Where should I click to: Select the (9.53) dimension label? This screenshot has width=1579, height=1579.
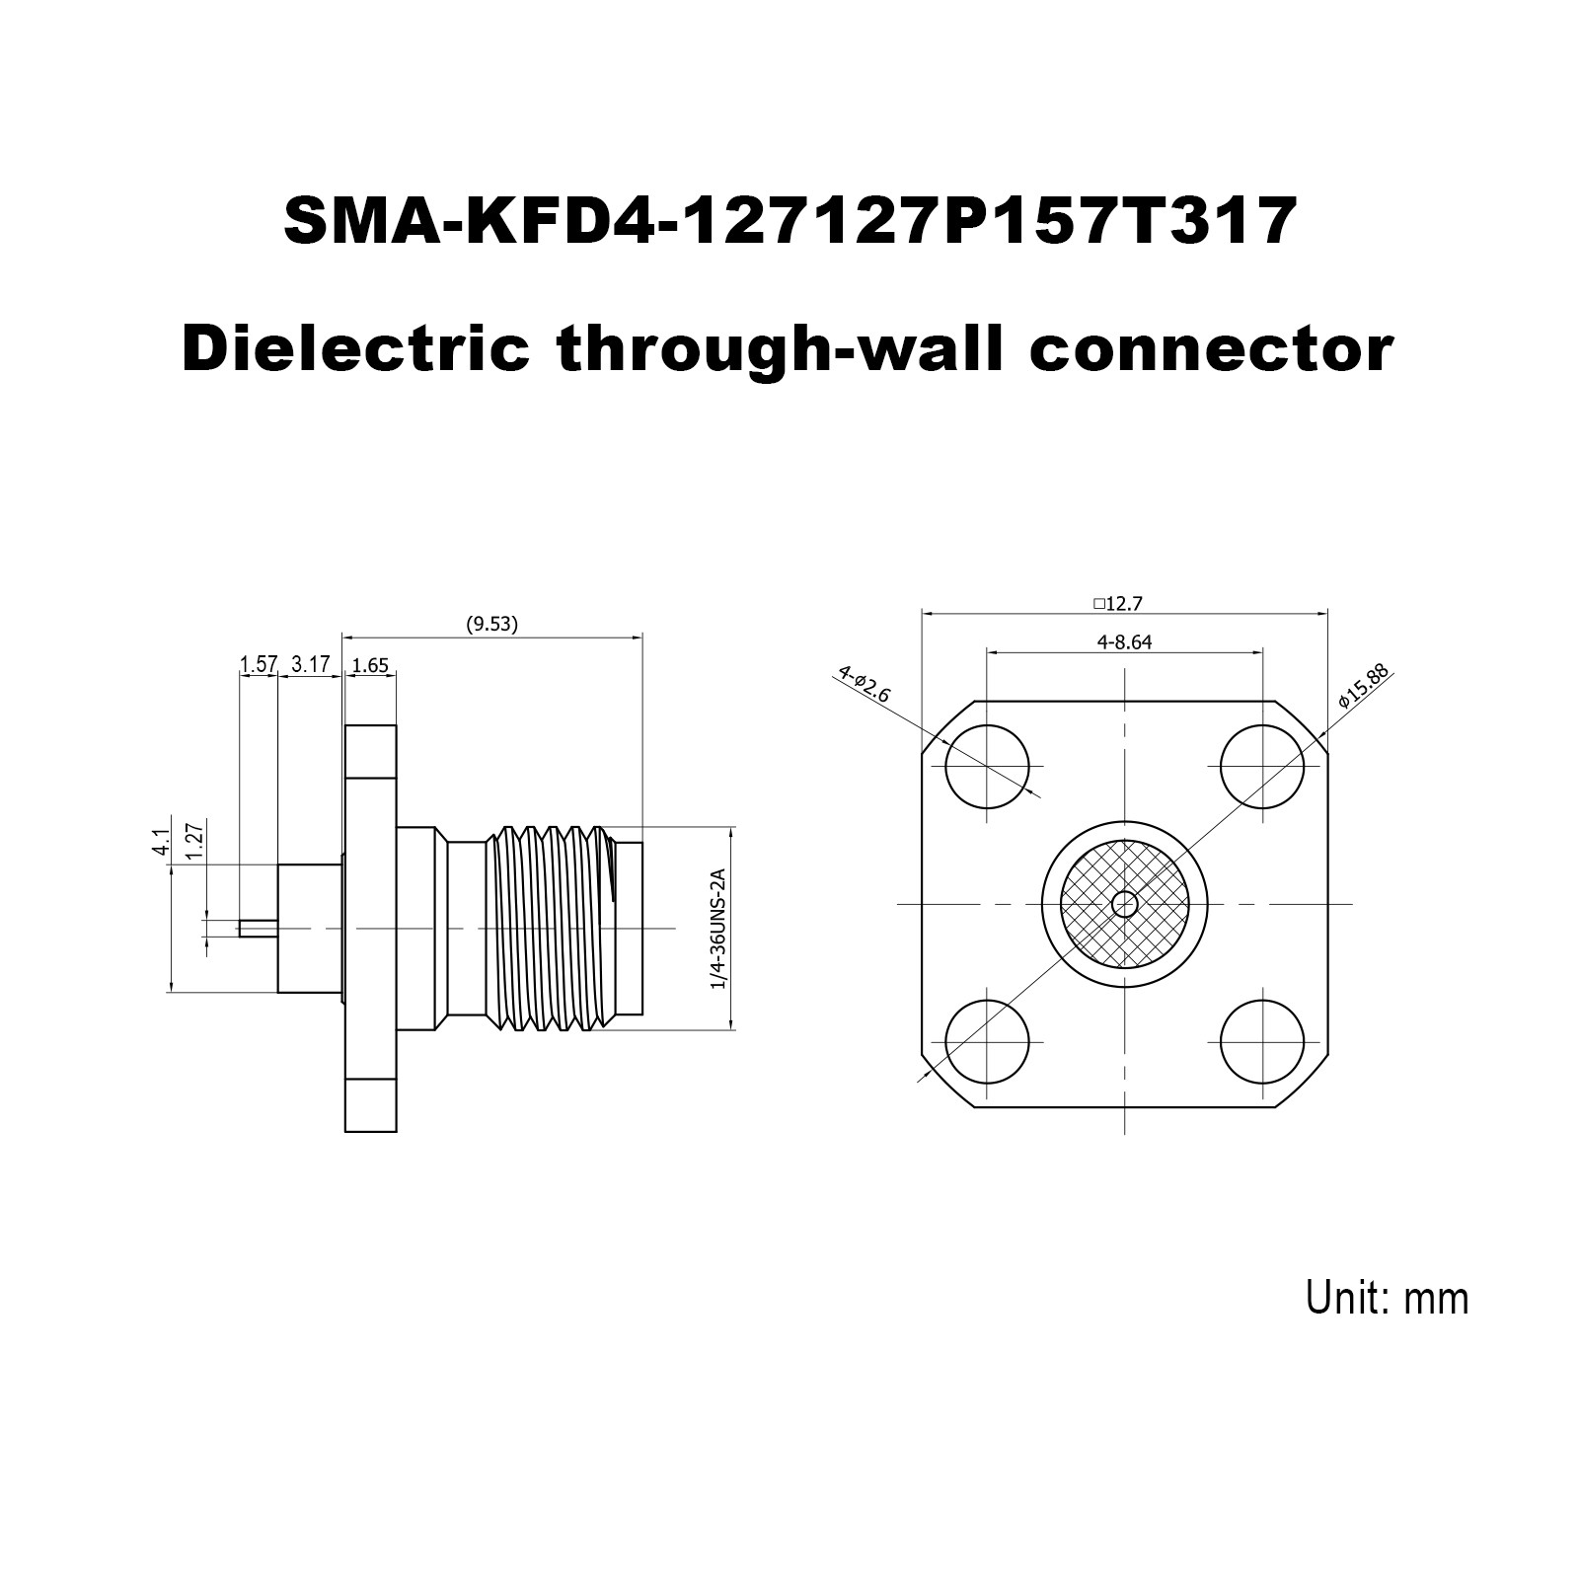click(491, 624)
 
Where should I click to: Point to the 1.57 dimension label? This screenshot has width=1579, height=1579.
click(259, 664)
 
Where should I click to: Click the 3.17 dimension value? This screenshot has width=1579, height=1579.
click(311, 664)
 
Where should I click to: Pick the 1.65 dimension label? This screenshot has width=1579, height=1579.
click(370, 665)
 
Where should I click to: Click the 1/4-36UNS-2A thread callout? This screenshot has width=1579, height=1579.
click(717, 929)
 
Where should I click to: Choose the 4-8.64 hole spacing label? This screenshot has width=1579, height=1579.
click(1125, 641)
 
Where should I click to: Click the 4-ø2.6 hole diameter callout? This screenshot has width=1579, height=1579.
click(865, 683)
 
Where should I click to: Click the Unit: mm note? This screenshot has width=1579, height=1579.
click(1388, 1297)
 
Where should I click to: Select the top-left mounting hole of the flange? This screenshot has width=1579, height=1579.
click(987, 765)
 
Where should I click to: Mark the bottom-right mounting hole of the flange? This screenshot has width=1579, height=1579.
click(1262, 1041)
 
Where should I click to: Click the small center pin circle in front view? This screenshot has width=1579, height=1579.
click(1124, 904)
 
